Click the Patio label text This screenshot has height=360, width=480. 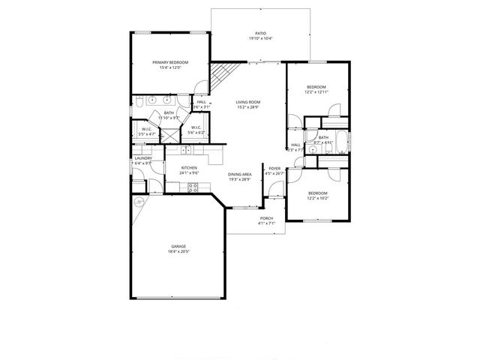[x=260, y=33]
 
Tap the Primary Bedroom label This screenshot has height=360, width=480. [x=170, y=62]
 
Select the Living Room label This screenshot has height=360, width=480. [x=247, y=102]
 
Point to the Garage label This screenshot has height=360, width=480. [x=178, y=246]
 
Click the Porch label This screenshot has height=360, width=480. [x=267, y=219]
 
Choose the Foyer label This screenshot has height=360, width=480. [x=275, y=168]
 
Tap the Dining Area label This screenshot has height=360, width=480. [x=241, y=173]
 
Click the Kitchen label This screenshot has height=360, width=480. [x=189, y=168]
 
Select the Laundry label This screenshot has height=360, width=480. [x=143, y=158]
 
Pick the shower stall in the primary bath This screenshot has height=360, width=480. [x=172, y=135]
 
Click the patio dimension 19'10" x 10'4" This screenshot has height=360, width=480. [x=260, y=38]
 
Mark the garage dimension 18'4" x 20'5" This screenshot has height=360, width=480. [x=178, y=251]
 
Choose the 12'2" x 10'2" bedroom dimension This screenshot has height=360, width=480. [x=318, y=199]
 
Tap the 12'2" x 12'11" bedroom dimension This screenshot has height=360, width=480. [x=316, y=92]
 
